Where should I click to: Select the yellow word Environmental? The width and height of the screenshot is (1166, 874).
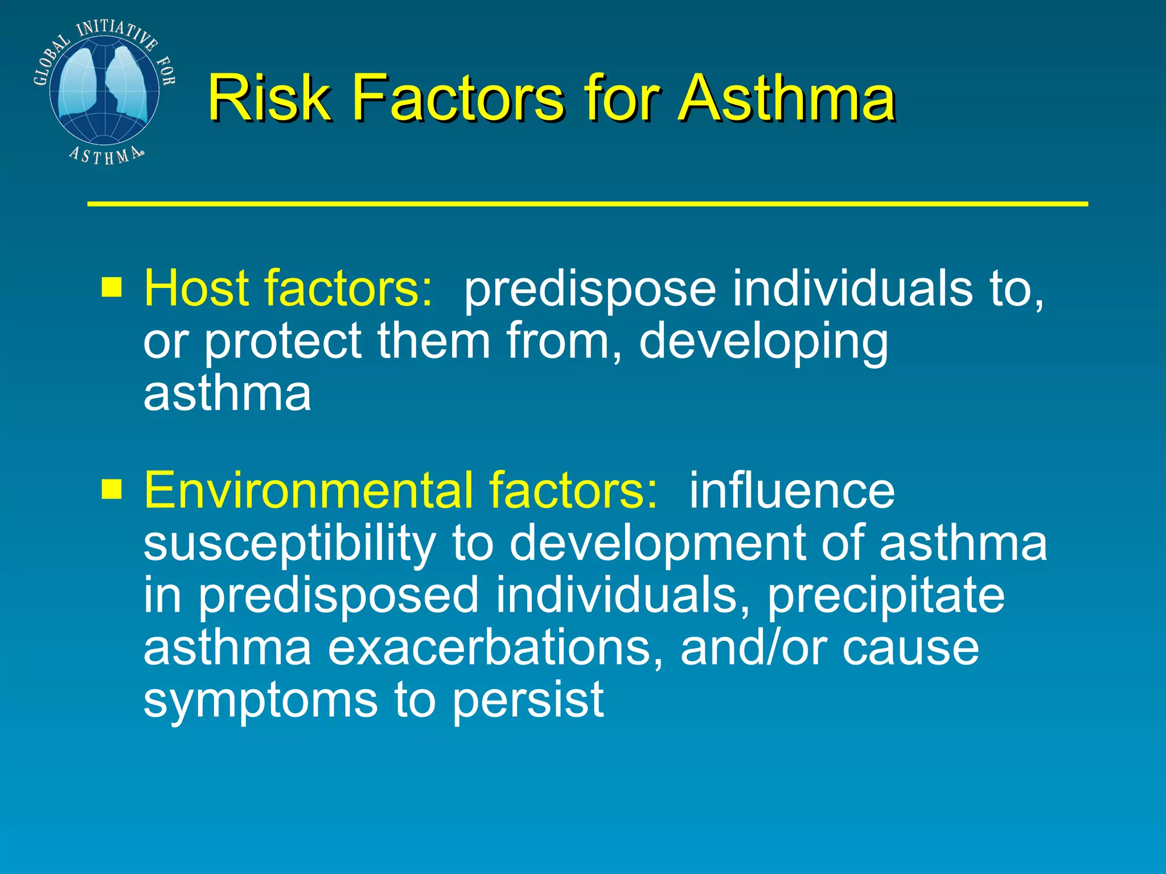point(308,490)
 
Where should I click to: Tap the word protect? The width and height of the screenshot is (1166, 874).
point(282,341)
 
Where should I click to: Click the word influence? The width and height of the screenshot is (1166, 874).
point(791,490)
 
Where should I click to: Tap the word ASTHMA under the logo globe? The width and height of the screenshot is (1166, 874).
point(105,155)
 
